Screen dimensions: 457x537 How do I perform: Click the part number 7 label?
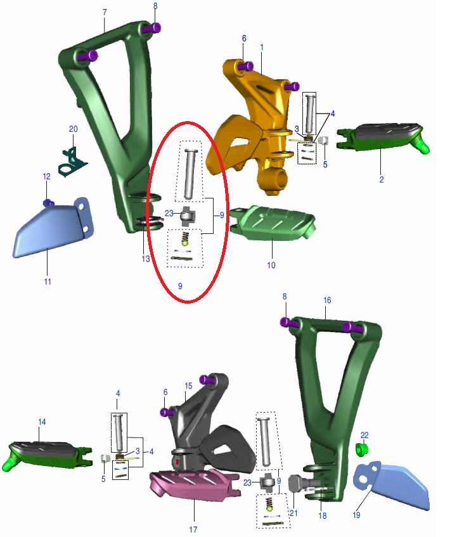[x=105, y=12]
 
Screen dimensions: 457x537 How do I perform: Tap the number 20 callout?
[x=74, y=129]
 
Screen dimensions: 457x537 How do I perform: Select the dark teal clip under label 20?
[x=72, y=162]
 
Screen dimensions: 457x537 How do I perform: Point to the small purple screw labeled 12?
[x=48, y=203]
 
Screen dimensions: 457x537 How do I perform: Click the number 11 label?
[x=48, y=282]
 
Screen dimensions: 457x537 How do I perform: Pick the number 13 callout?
[x=146, y=259]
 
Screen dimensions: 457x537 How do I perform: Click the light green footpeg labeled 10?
[x=272, y=223]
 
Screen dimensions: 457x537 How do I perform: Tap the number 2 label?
[x=382, y=179]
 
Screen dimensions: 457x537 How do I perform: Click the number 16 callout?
[x=327, y=301]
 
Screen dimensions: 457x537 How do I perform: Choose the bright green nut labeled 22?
[x=361, y=450]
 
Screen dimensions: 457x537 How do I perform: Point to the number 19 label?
[x=356, y=515]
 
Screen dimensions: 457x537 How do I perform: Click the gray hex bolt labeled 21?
[x=297, y=483]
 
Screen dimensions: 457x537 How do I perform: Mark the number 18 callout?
[x=323, y=516]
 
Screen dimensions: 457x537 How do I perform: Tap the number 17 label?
[x=193, y=529]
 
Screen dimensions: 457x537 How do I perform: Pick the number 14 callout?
[x=42, y=422]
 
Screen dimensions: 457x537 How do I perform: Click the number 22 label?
[x=364, y=436]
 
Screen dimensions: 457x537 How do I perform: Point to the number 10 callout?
[x=271, y=266]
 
